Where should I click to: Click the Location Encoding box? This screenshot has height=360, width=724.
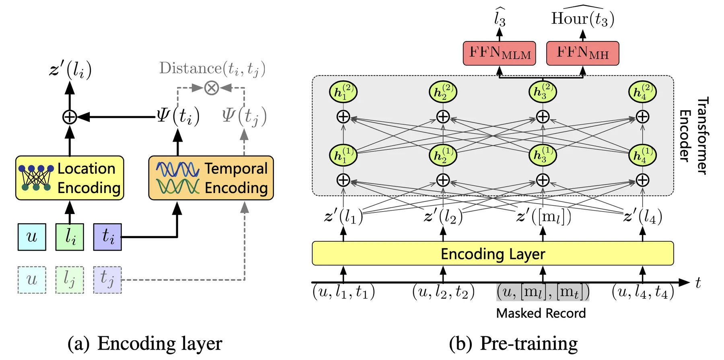click(x=70, y=178)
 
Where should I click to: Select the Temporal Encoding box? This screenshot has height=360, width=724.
click(x=211, y=178)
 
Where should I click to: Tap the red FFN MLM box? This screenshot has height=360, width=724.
click(x=499, y=53)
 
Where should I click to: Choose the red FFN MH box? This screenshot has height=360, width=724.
click(x=582, y=53)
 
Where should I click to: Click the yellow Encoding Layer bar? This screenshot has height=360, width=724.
click(x=493, y=253)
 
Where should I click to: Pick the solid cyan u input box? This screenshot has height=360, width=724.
click(x=32, y=237)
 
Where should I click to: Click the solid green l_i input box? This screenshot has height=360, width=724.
click(x=70, y=237)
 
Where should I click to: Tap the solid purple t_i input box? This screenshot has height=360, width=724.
click(x=107, y=237)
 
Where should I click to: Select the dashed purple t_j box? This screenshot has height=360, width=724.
click(x=107, y=280)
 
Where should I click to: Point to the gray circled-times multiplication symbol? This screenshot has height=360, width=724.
click(x=212, y=87)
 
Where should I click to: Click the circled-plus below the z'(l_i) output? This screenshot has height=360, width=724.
click(x=70, y=117)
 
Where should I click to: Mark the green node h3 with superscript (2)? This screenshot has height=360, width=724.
click(x=543, y=92)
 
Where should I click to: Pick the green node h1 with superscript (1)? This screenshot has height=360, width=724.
click(x=343, y=155)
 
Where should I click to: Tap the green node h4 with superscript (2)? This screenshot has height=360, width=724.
click(x=642, y=92)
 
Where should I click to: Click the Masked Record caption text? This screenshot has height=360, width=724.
click(x=541, y=313)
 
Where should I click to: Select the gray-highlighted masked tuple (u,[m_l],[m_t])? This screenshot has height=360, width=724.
click(x=543, y=292)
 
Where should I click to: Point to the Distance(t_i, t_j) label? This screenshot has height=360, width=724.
click(x=212, y=68)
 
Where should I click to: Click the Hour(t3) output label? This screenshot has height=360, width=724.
click(x=582, y=19)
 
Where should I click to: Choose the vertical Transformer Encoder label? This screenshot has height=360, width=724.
click(x=693, y=136)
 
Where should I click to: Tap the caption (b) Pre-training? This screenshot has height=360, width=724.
click(x=513, y=344)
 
